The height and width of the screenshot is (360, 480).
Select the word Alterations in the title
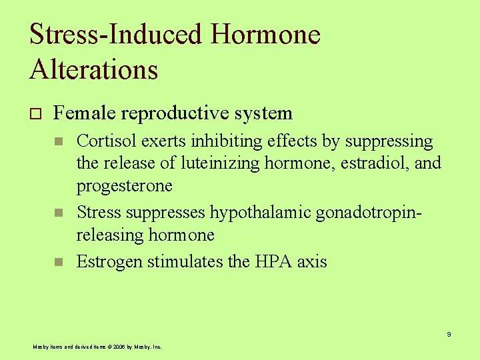(93, 69)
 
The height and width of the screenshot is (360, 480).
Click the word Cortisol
(105, 141)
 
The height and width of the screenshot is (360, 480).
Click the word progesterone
(124, 186)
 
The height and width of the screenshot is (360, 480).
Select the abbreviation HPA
(274, 261)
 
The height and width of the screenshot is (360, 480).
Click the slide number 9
(449, 334)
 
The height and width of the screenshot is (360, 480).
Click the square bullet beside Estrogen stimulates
(59, 262)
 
